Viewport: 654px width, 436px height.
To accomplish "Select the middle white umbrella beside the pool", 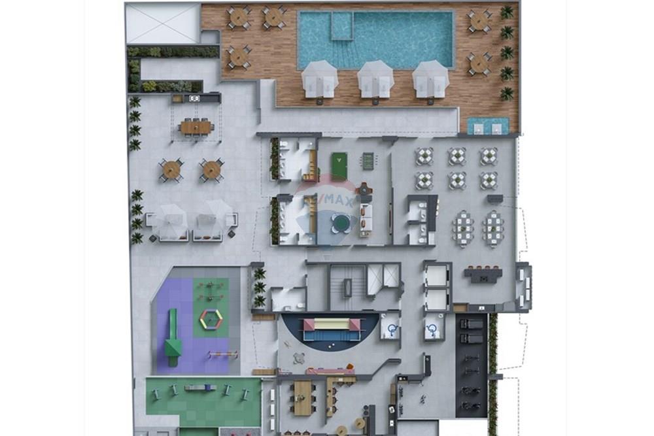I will pyautogui.click(x=376, y=78).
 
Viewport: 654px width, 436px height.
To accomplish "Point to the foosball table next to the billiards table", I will pyautogui.click(x=368, y=161).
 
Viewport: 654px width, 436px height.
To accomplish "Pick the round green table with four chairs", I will pyautogui.click(x=340, y=223).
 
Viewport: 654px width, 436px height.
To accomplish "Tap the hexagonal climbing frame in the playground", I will pyautogui.click(x=211, y=319).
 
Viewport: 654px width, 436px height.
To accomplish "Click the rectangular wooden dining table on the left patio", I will pyautogui.click(x=196, y=127).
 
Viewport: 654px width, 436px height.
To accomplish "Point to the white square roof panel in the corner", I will pyautogui.click(x=162, y=24).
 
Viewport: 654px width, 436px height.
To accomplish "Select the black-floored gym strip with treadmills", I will pyautogui.click(x=471, y=366).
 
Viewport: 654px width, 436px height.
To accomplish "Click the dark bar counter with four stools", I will pyautogui.click(x=483, y=273).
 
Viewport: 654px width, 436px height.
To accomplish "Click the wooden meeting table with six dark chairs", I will pyautogui.click(x=302, y=397).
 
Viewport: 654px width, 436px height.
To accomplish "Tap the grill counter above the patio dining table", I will pyautogui.click(x=196, y=98).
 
